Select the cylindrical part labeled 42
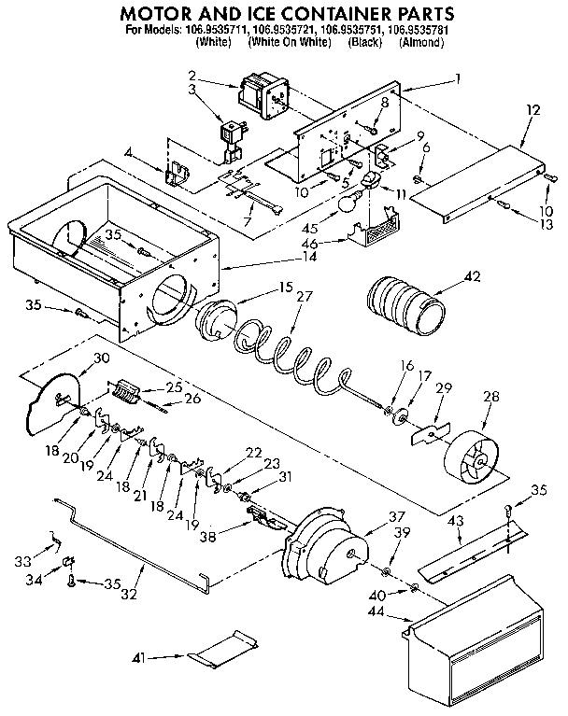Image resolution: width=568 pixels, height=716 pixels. click(405, 305)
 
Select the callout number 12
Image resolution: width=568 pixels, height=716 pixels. click(533, 109)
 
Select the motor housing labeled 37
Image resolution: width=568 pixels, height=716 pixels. click(323, 549)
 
